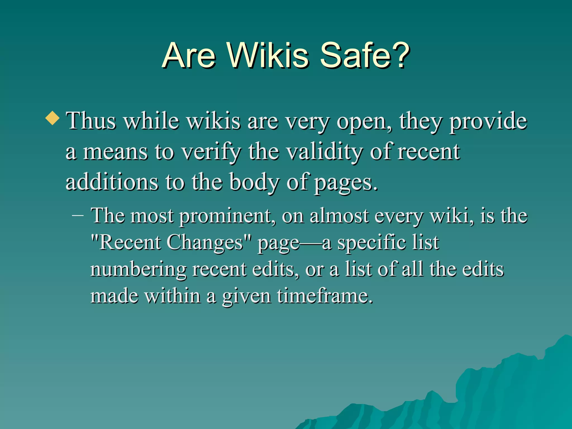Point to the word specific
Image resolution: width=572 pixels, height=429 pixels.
pyautogui.click(x=372, y=242)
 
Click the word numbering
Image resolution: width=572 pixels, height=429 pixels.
pyautogui.click(x=139, y=270)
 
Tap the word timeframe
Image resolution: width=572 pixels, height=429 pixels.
pyautogui.click(x=325, y=296)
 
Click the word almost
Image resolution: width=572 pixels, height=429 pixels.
pyautogui.click(x=339, y=216)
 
